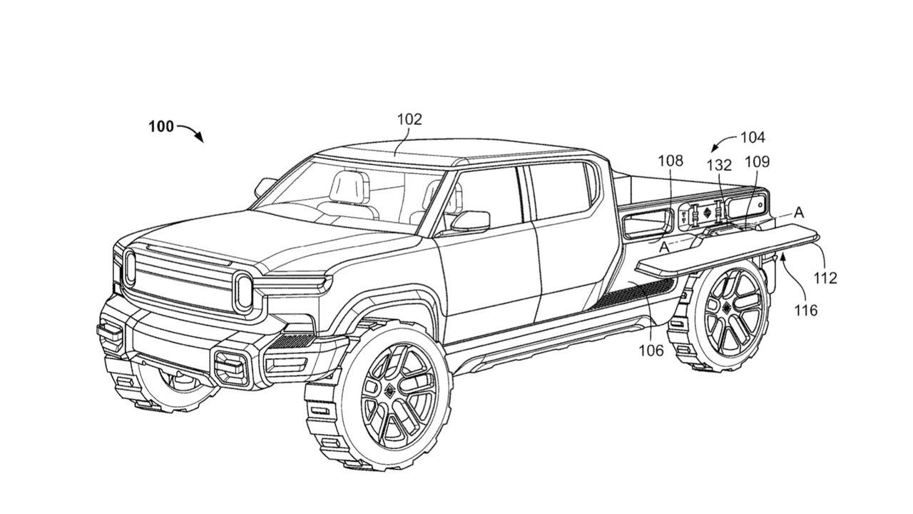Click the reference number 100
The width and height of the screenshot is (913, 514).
point(161,126)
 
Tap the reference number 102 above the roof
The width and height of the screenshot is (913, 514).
point(409,120)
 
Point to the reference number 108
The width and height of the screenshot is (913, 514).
point(670,161)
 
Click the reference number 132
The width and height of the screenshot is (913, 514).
point(719,164)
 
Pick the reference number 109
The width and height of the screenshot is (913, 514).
point(757,162)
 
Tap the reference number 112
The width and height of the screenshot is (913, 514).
point(825,278)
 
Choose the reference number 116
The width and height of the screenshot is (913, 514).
point(807,310)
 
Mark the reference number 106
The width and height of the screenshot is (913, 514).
point(651,350)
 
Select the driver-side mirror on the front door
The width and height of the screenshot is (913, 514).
point(471,221)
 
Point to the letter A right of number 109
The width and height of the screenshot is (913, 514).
point(799,211)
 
